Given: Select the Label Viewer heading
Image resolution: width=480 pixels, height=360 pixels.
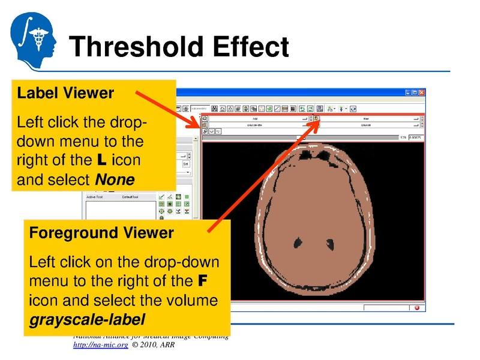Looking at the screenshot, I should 65,94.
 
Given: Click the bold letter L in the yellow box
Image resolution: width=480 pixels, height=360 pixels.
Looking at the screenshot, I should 100,161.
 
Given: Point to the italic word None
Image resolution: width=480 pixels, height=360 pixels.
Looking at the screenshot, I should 115,179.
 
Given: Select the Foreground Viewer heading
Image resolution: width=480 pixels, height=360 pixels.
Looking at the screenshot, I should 101,233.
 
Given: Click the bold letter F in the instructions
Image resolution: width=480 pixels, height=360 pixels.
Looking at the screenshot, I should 203,281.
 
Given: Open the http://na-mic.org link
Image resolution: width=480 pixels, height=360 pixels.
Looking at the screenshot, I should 100,346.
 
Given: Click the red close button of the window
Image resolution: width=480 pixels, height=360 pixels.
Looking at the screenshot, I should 422,93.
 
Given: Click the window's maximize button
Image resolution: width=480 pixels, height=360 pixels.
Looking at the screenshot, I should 415,93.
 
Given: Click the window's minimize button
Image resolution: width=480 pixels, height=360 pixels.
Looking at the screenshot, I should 407,93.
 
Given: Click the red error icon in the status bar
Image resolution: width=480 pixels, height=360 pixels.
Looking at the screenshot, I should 417,308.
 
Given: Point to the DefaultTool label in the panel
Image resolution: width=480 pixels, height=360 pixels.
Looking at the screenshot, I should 131,197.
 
